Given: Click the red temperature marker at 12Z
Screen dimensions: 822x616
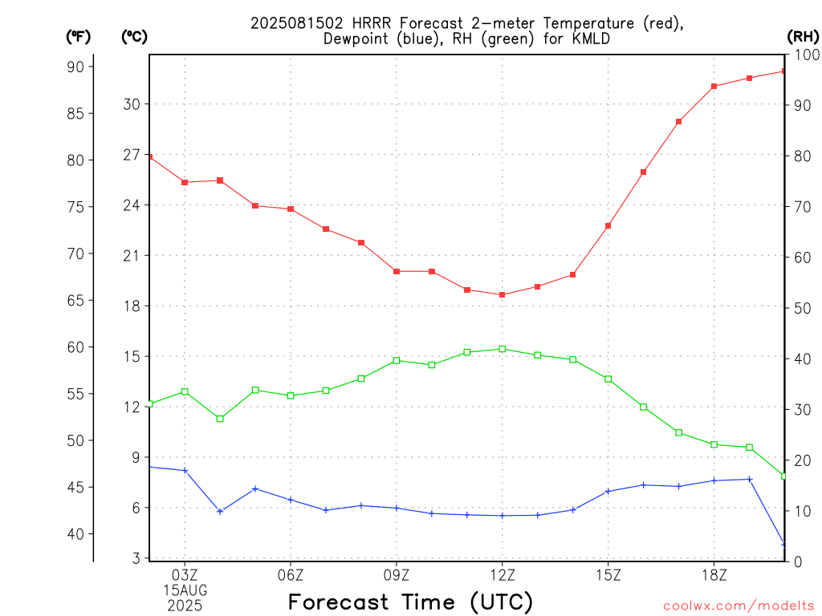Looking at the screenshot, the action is point(503,295).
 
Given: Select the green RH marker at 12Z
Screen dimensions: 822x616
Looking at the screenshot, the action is point(503,349).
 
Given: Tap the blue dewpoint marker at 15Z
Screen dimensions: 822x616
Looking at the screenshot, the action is point(608,492).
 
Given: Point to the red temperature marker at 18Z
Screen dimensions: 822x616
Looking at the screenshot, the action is point(714,87).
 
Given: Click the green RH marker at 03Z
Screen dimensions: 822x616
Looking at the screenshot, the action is point(185,391).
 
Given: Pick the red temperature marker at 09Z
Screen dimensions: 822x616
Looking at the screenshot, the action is point(397,271).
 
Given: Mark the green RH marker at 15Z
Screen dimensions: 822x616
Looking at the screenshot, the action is point(608,379).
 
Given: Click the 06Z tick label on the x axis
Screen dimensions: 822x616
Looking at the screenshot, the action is point(291,576).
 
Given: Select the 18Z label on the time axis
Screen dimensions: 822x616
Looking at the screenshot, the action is point(714,576).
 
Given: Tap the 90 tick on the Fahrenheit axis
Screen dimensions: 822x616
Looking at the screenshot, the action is point(75,67).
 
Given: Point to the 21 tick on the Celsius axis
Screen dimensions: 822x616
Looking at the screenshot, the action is point(132,256).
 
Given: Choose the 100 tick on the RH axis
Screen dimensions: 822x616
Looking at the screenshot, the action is point(807,55).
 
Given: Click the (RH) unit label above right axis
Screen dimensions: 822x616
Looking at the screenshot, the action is point(803,37).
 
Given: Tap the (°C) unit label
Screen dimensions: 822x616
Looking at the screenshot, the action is point(134,37).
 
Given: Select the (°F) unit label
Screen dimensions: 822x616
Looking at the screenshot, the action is point(78,37).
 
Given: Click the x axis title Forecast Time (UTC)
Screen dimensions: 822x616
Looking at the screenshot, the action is point(410,602).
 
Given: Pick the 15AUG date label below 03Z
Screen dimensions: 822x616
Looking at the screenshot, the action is point(185,590).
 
